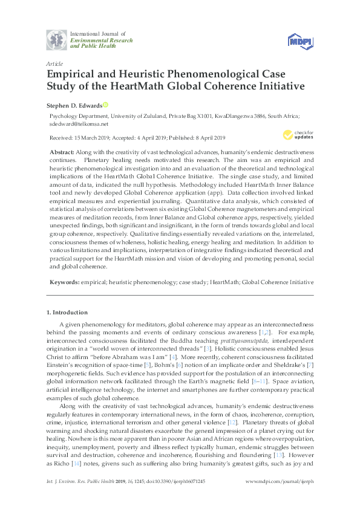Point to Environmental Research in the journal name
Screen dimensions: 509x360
coord(97,39)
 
